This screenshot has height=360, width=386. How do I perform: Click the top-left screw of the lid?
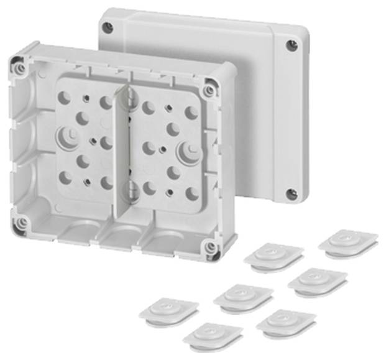tap(108, 27)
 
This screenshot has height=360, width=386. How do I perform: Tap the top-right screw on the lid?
tap(292, 45)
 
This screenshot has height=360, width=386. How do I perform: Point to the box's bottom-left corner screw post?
tap(22, 222)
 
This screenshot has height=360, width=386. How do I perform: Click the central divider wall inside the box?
tap(124, 155)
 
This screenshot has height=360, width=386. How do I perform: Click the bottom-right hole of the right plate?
tap(192, 193)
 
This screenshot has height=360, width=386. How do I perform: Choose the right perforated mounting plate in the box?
tap(165, 149)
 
